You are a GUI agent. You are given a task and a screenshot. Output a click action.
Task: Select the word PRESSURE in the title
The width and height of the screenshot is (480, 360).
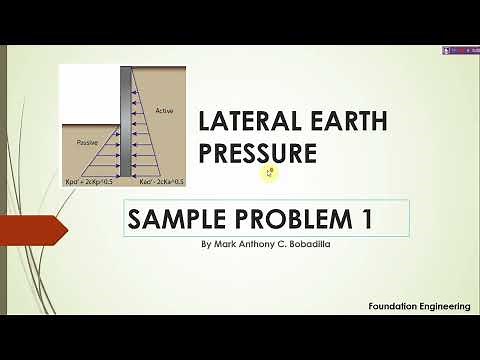pyautogui.click(x=257, y=153)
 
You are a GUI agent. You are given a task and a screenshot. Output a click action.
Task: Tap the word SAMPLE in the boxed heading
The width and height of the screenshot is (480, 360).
pyautogui.click(x=173, y=218)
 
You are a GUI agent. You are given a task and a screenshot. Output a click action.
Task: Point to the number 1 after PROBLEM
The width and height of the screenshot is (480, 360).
pyautogui.click(x=365, y=218)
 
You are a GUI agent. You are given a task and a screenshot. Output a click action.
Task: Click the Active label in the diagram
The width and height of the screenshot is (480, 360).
pyautogui.click(x=165, y=110)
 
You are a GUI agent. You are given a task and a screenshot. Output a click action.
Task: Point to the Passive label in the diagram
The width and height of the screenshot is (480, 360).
pyautogui.click(x=91, y=143)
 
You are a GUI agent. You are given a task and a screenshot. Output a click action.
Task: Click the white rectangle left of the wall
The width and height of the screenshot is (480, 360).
pyautogui.click(x=89, y=95)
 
